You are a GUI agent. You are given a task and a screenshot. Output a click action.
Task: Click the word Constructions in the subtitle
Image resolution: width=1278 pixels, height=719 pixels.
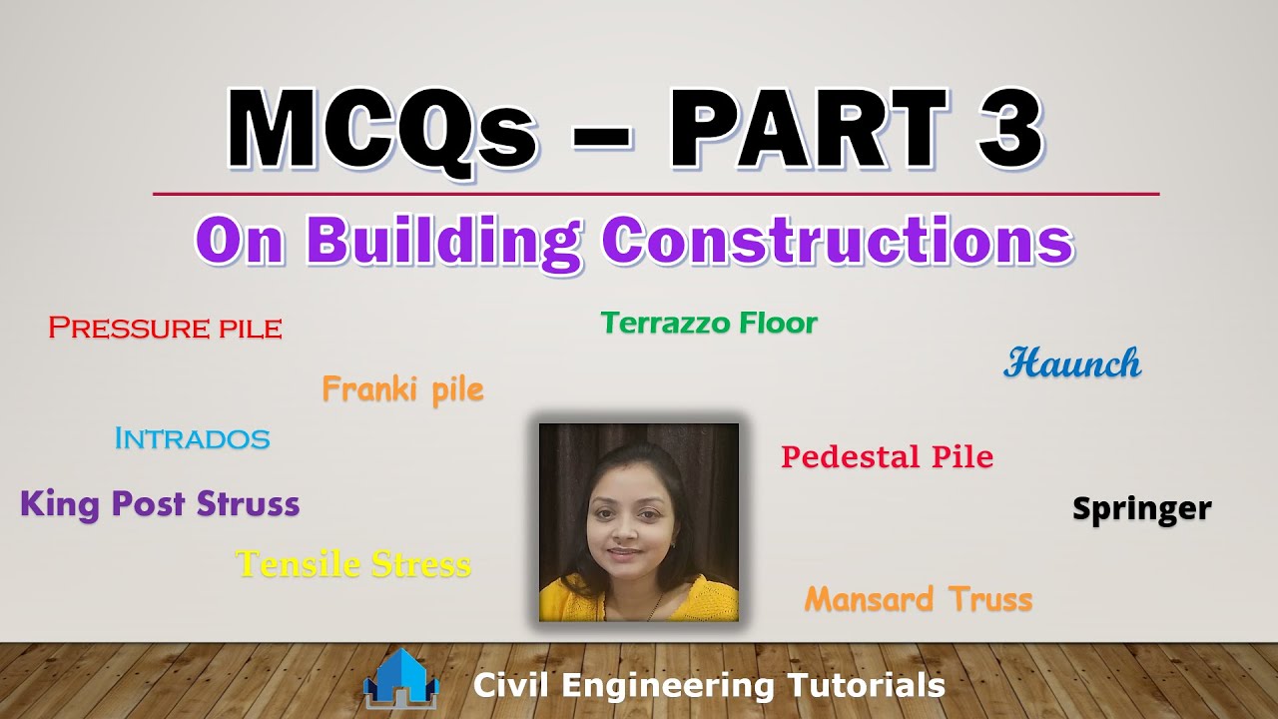click(x=838, y=241)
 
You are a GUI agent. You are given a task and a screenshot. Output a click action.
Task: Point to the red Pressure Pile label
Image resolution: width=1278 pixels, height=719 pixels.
click(x=166, y=328)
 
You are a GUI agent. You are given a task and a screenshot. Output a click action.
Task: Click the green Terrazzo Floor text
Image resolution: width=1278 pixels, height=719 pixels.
click(x=709, y=323)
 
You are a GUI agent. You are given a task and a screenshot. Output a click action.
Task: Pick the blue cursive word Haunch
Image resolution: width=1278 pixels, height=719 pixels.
click(x=1072, y=362)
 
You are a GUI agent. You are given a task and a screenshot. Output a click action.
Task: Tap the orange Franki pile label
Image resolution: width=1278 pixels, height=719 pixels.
click(x=402, y=388)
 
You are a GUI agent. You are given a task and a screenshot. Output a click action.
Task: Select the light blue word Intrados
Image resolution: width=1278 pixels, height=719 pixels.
click(x=193, y=438)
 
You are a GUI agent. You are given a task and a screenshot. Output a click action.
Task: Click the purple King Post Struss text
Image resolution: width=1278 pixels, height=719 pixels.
click(x=160, y=503)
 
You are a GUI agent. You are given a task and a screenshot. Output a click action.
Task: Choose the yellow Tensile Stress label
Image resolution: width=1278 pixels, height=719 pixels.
click(x=353, y=564)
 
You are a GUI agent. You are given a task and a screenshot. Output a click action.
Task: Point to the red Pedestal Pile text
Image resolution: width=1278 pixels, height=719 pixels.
click(x=887, y=457)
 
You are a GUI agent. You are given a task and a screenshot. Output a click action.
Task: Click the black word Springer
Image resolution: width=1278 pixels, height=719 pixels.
click(x=1141, y=508)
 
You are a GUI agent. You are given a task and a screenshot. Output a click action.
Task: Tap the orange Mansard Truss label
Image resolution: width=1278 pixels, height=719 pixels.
click(x=918, y=599)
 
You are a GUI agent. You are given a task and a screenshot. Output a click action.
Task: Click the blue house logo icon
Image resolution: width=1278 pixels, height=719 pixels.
click(x=400, y=679)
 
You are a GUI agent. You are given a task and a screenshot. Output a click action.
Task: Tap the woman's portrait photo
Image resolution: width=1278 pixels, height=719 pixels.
click(x=639, y=522)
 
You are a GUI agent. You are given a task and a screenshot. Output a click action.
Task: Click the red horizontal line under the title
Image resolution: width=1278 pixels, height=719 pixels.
click(x=656, y=194)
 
